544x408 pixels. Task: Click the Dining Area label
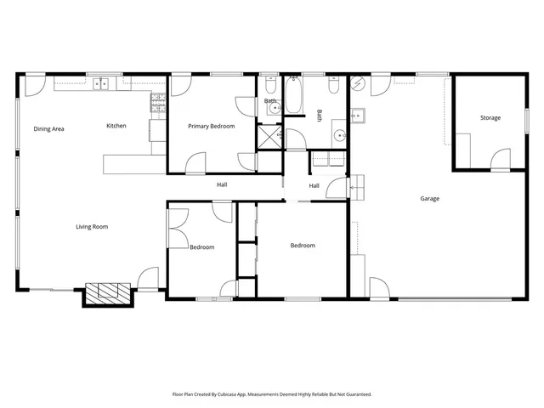tap(49, 128)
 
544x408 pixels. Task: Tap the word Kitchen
tap(116, 126)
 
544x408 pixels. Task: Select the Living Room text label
tap(92, 226)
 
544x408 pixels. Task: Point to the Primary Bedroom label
tap(211, 126)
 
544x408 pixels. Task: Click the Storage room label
tap(490, 117)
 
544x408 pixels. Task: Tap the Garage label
tap(429, 199)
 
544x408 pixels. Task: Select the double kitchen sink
tap(101, 83)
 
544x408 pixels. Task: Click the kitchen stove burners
tap(158, 104)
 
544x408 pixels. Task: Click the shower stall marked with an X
tap(270, 137)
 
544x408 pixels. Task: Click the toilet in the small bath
tap(269, 87)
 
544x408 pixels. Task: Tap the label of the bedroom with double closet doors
tap(201, 247)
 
